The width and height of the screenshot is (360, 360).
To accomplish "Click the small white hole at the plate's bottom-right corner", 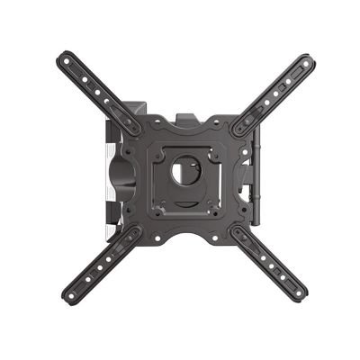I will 217,214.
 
